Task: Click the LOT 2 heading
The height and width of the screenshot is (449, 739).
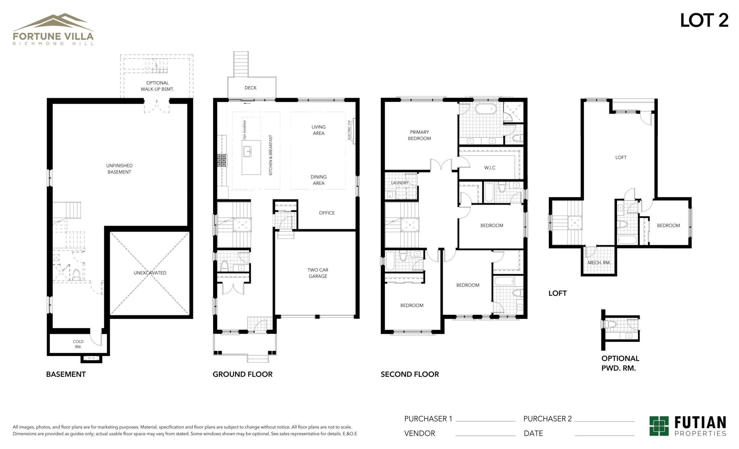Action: tap(704, 21)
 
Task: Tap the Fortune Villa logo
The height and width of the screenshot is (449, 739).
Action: tap(53, 29)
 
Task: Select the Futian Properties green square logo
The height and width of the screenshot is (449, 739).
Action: tap(659, 426)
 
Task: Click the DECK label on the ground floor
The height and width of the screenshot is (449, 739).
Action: tap(251, 88)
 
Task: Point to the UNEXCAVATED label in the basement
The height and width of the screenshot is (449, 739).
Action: tap(150, 272)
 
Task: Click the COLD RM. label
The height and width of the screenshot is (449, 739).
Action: tap(78, 344)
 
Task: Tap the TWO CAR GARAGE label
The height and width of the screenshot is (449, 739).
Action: tap(318, 273)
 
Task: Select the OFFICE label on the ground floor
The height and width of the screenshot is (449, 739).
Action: tap(326, 213)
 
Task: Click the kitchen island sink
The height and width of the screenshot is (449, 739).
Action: tap(247, 151)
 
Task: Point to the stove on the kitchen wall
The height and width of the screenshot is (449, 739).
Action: tap(222, 160)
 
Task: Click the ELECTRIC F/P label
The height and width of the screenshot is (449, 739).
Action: tap(349, 130)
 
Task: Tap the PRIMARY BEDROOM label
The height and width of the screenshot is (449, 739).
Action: tap(419, 135)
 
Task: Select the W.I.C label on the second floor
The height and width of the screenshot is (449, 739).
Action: tap(490, 168)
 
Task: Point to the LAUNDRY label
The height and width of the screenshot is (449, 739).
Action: tap(400, 183)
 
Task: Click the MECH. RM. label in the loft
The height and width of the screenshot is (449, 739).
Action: tap(599, 263)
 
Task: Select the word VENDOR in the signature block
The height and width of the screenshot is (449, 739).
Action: tap(419, 433)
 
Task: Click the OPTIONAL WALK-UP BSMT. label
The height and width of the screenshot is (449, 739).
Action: tap(157, 86)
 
